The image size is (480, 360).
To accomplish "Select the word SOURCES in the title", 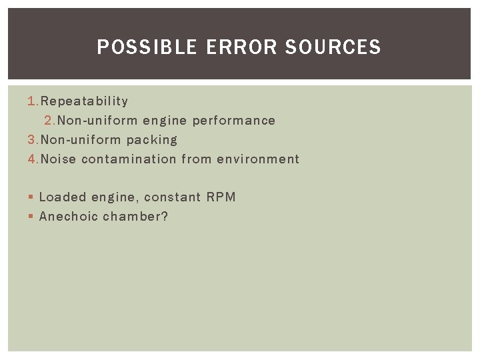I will tap(333, 47).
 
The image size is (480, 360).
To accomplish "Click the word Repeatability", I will tap(84, 101).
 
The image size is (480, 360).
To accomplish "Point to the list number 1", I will tap(32, 101).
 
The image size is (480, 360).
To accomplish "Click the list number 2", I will tap(49, 121).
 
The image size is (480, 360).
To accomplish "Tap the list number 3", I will tap(32, 140).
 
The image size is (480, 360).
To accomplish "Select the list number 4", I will tap(32, 159).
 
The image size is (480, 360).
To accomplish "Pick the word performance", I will tap(233, 121).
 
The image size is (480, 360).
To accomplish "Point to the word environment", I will tap(258, 159).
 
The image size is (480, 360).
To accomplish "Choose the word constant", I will tap(172, 197).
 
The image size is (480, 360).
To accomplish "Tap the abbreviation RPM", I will tap(221, 197).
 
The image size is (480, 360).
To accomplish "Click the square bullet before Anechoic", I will tap(31, 217).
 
